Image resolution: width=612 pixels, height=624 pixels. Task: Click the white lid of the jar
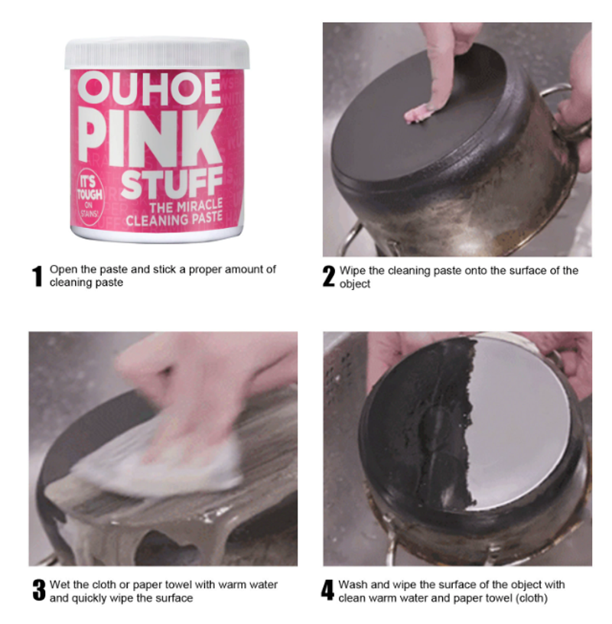(158, 54)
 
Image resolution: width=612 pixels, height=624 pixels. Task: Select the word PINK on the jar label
(150, 136)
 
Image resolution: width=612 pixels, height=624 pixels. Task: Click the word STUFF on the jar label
(171, 183)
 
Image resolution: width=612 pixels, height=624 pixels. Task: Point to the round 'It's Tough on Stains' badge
(90, 197)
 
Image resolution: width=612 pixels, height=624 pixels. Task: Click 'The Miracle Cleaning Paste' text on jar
(174, 213)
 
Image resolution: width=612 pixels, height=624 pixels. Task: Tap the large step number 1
(37, 276)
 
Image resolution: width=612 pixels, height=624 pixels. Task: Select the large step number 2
(329, 276)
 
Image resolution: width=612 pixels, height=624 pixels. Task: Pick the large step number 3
(39, 590)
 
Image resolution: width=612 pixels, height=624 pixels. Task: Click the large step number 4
(327, 590)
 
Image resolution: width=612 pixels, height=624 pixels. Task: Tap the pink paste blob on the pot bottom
(418, 114)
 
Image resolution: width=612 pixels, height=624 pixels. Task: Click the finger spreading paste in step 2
(438, 67)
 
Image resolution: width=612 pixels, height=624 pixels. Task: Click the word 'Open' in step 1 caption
(63, 270)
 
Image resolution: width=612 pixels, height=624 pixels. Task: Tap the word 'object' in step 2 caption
(355, 284)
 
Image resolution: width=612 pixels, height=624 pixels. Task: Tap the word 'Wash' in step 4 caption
(353, 584)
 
